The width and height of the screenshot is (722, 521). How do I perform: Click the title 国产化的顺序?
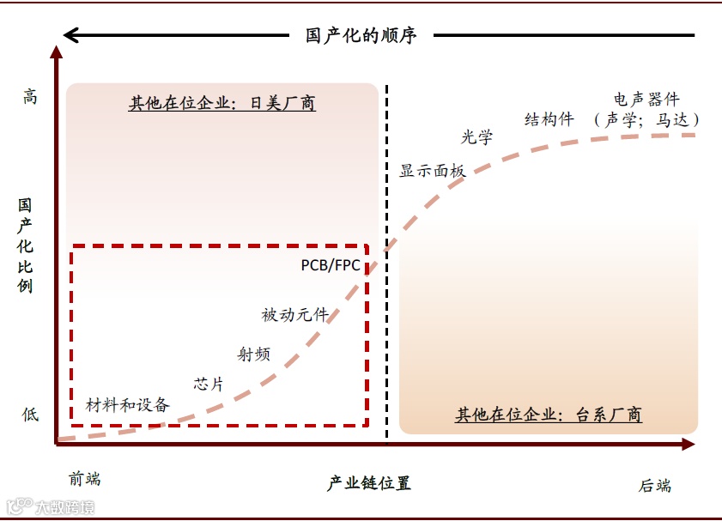[x=361, y=36]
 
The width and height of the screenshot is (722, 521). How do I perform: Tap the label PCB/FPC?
[x=331, y=265]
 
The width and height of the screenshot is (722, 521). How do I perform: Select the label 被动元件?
[x=295, y=315]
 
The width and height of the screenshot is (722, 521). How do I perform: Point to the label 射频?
[x=253, y=354]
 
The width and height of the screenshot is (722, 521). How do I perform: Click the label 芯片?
[x=209, y=384]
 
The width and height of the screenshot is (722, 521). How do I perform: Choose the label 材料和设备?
[x=128, y=405]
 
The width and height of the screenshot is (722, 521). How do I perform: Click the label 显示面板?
[x=433, y=171]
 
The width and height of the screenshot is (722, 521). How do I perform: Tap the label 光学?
[x=477, y=137]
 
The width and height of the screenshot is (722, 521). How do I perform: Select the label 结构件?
[x=549, y=119]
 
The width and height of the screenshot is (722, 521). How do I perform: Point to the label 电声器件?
[x=646, y=100]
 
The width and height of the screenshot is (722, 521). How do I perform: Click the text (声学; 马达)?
[x=646, y=120]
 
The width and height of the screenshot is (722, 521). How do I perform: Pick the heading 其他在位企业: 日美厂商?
[x=222, y=104]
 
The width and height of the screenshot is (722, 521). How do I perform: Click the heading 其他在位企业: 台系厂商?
[x=549, y=415]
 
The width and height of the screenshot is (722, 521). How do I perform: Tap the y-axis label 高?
[x=30, y=97]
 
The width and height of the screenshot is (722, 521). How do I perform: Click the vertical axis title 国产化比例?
[x=26, y=245]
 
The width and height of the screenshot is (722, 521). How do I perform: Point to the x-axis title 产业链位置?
[x=369, y=483]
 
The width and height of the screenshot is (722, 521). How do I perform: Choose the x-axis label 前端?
[x=85, y=479]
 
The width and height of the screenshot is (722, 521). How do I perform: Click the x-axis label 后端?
[x=655, y=486]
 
